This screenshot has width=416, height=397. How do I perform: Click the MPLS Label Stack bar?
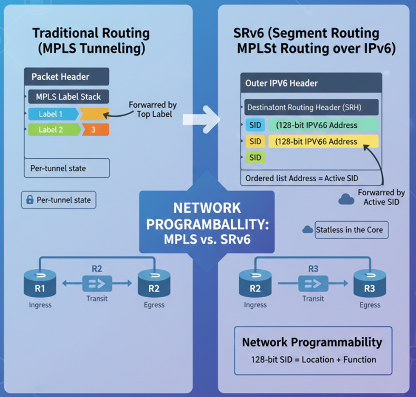tap(69, 97)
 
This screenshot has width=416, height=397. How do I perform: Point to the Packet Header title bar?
tap(67, 77)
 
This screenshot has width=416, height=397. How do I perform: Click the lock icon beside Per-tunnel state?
tap(30, 201)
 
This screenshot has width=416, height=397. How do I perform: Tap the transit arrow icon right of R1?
tap(97, 284)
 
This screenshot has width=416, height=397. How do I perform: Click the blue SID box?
tap(255, 125)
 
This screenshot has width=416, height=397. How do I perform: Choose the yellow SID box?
tap(255, 141)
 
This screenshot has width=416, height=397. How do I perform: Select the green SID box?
tap(255, 158)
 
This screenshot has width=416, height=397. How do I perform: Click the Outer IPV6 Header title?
tap(281, 83)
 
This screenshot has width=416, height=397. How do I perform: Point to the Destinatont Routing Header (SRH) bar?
tap(311, 107)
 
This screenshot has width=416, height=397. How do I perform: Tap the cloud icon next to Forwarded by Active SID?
tap(346, 199)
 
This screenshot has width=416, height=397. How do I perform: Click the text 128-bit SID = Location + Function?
tap(314, 360)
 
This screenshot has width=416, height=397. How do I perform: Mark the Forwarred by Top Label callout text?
tap(153, 109)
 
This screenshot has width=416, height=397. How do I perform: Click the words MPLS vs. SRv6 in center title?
tap(207, 239)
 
